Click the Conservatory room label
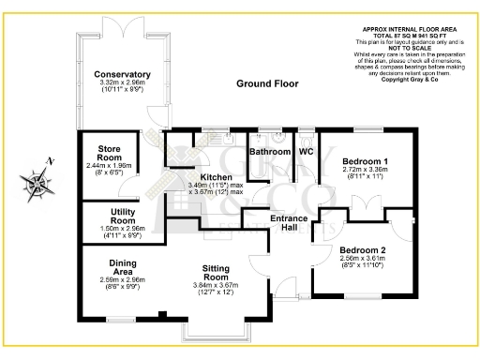pyautogui.click(x=122, y=75)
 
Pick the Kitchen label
pyautogui.click(x=216, y=176)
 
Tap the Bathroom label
pyautogui.click(x=271, y=151)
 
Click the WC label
pyautogui.click(x=306, y=151)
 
